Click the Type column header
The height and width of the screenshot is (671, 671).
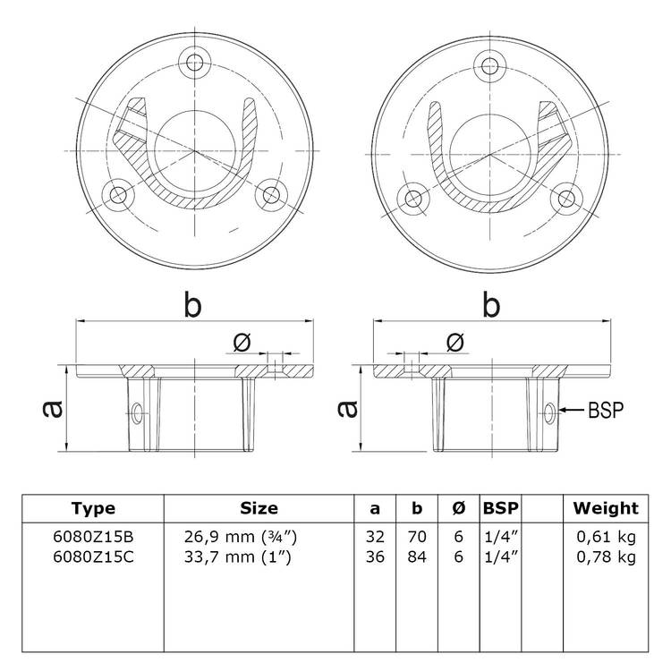tap(93, 508)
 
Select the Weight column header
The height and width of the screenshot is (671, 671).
tap(606, 508)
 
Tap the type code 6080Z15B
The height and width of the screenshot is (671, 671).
tap(93, 536)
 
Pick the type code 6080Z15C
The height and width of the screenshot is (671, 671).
tap(93, 556)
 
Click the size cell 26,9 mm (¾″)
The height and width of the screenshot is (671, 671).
tap(241, 536)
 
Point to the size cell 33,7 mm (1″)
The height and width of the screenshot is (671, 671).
tap(237, 556)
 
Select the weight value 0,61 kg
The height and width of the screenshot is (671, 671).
tap(606, 536)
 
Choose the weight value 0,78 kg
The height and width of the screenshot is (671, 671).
tap(606, 556)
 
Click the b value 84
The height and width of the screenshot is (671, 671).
tap(417, 556)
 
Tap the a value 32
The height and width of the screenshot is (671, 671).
tap(375, 536)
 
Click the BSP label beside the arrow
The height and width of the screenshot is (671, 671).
tap(606, 410)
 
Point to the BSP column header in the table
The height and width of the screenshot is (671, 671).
tap(500, 508)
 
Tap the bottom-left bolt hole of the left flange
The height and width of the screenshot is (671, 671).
tap(118, 196)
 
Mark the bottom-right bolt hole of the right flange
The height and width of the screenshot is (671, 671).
tap(566, 198)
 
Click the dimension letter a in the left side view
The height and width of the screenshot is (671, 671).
tap(53, 409)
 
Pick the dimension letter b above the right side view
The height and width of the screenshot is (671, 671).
tap(491, 305)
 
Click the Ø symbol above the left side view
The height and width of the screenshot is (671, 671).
tap(242, 343)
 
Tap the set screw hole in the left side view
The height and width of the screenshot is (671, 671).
tap(138, 413)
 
